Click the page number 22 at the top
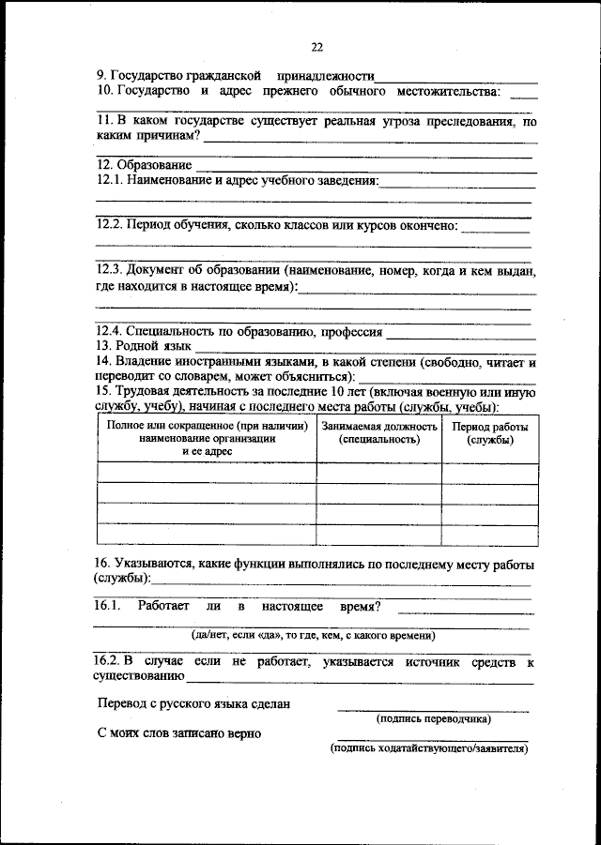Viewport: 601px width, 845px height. pos(316,49)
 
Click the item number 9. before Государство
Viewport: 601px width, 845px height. pos(101,75)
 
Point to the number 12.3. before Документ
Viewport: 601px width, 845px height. pos(110,270)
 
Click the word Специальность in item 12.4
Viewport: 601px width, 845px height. pos(179,331)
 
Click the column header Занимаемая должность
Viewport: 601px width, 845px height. pos(379,432)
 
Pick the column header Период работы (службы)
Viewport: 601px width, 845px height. pos(490,432)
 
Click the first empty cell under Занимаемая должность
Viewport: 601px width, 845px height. pos(379,473)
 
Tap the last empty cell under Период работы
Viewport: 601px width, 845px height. pos(490,535)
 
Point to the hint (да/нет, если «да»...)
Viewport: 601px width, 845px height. pos(313,635)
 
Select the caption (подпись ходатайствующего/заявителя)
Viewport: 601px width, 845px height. pos(432,749)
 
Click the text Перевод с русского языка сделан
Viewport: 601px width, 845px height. pos(194,702)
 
